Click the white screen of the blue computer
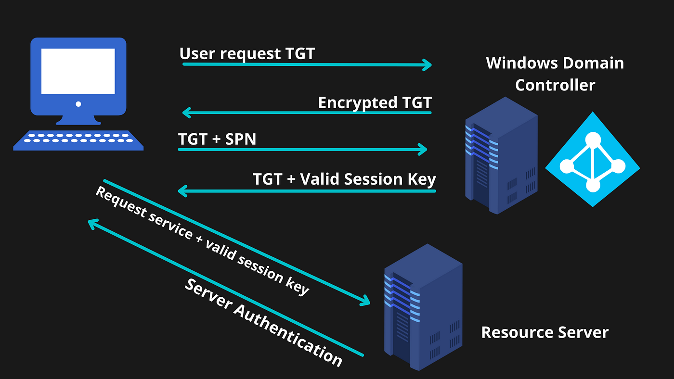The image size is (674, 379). [x=78, y=71]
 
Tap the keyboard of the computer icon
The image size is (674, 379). [x=78, y=139]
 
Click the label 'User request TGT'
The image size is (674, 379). [x=247, y=53]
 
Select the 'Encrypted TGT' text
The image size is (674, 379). [x=375, y=102]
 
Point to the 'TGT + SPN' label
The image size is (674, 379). [x=217, y=139]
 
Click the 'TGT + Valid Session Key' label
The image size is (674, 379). [x=344, y=179]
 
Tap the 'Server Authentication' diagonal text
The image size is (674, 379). [x=263, y=322]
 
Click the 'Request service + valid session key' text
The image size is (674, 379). [x=202, y=240]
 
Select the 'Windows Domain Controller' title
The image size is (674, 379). [x=555, y=74]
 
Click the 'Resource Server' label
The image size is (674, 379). [x=545, y=332]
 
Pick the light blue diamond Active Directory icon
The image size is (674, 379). [x=593, y=159]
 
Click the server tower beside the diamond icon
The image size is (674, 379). [x=501, y=155]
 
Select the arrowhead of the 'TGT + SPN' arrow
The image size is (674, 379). [x=423, y=150]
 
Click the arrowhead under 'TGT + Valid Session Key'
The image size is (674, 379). [x=182, y=191]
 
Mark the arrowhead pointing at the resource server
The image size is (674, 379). [x=365, y=301]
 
